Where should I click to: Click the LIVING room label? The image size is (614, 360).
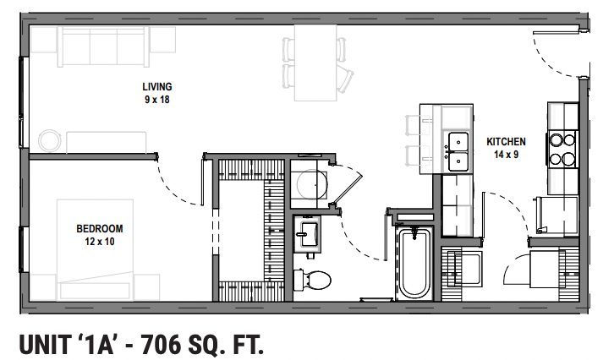pos(157,86)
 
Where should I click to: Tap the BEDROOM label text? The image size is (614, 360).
pos(100,228)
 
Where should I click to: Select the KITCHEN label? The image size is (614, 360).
pos(507,142)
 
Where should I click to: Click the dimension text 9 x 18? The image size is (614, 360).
pos(157,100)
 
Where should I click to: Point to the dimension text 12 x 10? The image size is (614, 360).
pos(100,242)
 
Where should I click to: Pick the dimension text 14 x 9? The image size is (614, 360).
pos(507,155)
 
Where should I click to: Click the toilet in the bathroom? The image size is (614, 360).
pos(315,278)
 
